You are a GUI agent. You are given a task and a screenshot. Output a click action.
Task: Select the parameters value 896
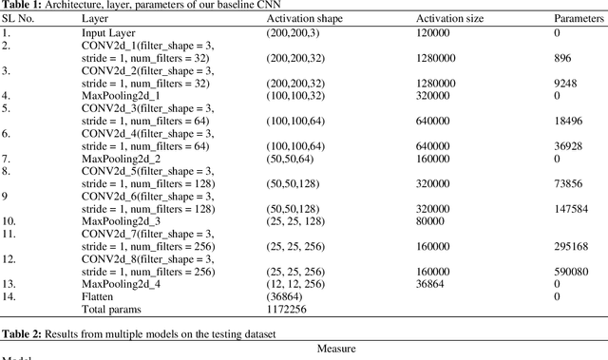(561, 57)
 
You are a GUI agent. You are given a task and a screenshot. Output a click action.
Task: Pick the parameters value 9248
(564, 83)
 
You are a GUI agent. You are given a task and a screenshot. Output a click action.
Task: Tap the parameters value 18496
(567, 121)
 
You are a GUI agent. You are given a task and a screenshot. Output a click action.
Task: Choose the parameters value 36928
(567, 146)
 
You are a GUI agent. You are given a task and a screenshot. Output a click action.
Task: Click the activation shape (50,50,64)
(290, 159)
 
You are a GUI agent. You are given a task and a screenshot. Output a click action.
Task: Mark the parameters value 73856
(567, 184)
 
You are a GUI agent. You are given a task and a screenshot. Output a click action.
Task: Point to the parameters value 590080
(570, 272)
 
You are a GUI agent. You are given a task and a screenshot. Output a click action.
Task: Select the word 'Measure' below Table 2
(336, 348)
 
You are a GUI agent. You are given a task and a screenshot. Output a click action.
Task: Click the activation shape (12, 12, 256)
(296, 283)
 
